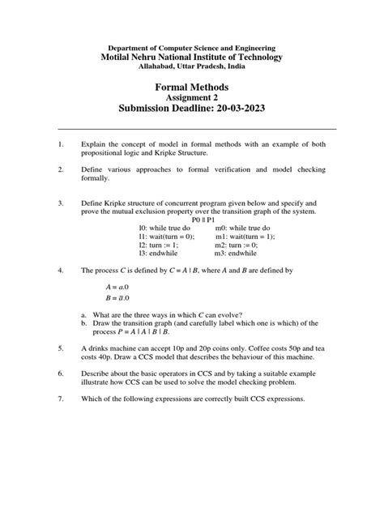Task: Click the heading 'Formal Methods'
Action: [x=192, y=87]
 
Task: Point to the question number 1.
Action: [x=61, y=144]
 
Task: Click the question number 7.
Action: [x=61, y=400]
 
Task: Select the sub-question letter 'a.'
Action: [x=83, y=314]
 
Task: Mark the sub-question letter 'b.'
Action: [x=83, y=322]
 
